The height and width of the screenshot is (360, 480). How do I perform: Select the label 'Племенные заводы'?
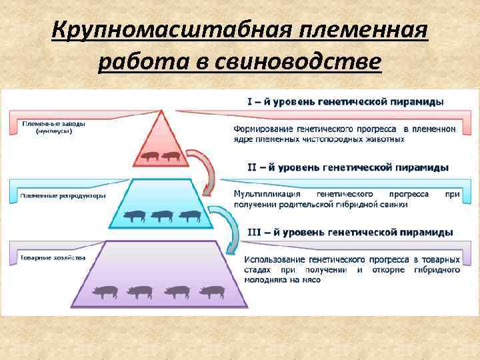tap(53, 124)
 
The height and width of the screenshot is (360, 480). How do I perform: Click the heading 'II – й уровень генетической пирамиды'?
tap(348, 167)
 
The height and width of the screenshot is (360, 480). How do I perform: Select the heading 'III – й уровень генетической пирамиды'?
tap(350, 232)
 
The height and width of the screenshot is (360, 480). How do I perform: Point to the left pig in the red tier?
tap(149, 157)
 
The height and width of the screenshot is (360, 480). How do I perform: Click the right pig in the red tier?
tap(171, 157)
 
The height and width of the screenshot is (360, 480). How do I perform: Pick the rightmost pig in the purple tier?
tap(213, 291)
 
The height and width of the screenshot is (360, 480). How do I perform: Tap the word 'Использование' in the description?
tap(275, 259)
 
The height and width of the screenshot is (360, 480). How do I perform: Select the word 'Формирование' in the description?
tap(264, 128)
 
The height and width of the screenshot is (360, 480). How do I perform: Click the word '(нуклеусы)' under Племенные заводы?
tap(54, 131)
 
